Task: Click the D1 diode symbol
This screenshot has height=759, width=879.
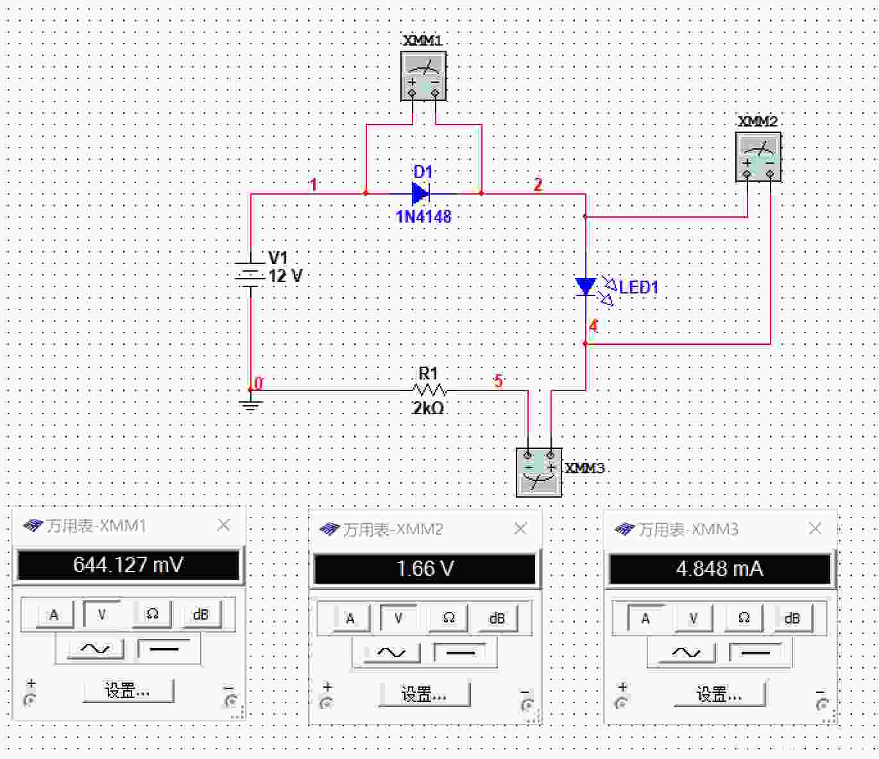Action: click(x=421, y=193)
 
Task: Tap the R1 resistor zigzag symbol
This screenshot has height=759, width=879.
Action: click(x=429, y=390)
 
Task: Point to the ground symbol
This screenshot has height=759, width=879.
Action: click(x=251, y=405)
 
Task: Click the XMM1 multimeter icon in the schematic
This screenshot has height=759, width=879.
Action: click(x=423, y=76)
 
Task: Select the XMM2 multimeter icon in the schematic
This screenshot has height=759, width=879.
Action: click(x=758, y=157)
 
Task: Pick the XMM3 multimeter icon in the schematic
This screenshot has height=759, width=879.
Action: click(x=539, y=472)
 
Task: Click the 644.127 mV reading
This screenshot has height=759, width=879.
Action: click(x=128, y=565)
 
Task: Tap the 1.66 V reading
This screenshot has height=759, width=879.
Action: click(x=425, y=569)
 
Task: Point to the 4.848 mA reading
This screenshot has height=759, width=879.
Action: click(x=719, y=569)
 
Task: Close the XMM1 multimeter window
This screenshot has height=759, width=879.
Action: click(x=224, y=525)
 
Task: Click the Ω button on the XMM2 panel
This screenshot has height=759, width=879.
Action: click(x=448, y=618)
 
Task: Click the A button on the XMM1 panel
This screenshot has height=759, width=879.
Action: click(x=55, y=615)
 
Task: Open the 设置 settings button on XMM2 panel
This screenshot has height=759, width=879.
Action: click(x=424, y=695)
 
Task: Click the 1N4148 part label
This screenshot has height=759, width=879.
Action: click(x=423, y=216)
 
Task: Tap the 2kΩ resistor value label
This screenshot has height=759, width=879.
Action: click(x=428, y=408)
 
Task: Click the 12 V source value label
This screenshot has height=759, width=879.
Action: click(x=286, y=276)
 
